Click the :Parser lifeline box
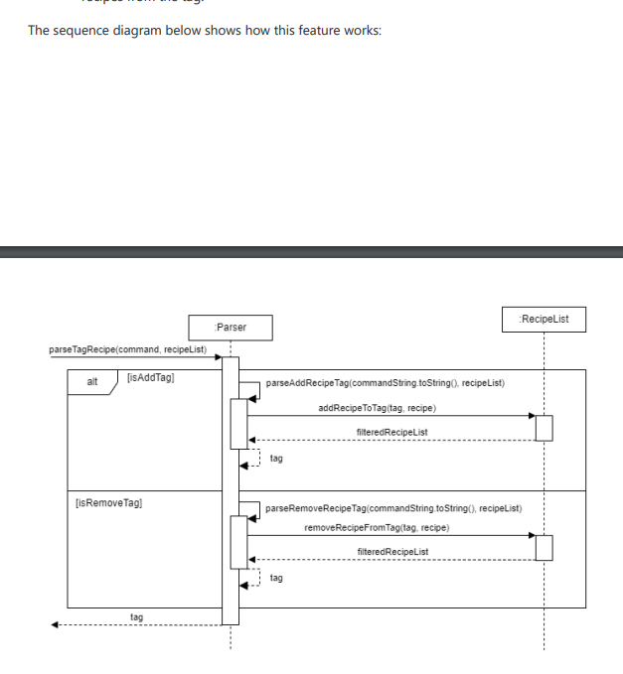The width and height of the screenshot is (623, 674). click(230, 327)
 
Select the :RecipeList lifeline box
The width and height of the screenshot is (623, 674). click(544, 319)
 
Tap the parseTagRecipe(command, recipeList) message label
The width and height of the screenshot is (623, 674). click(127, 349)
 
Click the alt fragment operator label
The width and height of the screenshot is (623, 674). click(92, 381)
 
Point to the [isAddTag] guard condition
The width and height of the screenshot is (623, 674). click(151, 377)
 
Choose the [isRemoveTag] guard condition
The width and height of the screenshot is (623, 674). click(108, 503)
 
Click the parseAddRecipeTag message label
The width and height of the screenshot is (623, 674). click(385, 382)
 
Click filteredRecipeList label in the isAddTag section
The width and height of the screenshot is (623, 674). click(391, 432)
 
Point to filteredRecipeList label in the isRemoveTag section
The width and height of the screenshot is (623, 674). click(391, 551)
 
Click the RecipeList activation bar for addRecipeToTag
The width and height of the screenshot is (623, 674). click(544, 427)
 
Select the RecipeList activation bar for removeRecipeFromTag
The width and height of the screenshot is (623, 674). click(544, 547)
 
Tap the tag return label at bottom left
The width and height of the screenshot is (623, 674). click(136, 617)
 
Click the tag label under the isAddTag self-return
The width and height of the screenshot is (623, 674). click(276, 459)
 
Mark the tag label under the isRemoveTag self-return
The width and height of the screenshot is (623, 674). click(276, 577)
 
